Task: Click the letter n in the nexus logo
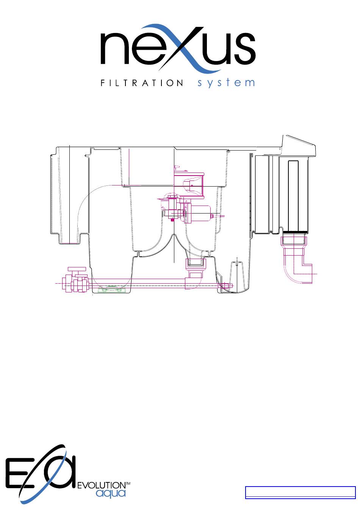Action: [115, 49]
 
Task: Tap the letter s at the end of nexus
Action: [245, 49]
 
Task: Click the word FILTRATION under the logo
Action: [142, 83]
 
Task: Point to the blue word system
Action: [226, 83]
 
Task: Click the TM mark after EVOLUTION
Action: [128, 484]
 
